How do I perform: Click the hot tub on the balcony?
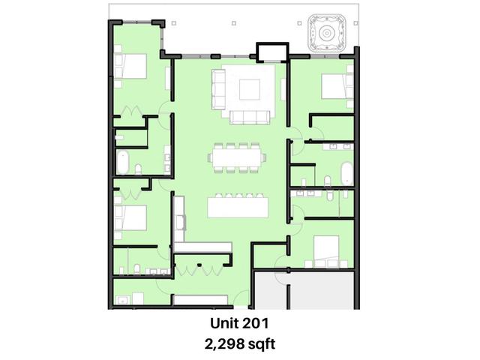[x=327, y=33]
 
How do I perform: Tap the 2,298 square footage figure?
[x=225, y=344]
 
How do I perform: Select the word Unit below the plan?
[x=223, y=323]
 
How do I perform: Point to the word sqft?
[x=262, y=345]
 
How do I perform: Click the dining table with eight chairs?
[x=237, y=158]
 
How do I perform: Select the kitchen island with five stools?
[x=238, y=205]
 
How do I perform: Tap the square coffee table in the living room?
[x=250, y=89]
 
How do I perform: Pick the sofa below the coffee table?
[x=250, y=117]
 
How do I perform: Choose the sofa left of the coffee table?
[x=218, y=89]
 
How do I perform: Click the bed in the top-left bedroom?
[x=130, y=66]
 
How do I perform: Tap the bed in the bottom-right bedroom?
[x=327, y=248]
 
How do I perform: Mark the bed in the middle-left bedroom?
[x=130, y=217]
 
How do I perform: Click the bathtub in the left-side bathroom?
[x=122, y=162]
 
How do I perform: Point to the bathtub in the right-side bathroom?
[x=347, y=174]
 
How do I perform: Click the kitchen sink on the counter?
[x=181, y=223]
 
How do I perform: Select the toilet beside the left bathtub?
[x=138, y=169]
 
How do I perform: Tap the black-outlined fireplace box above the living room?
[x=272, y=52]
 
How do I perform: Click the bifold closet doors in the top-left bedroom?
[x=131, y=110]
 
